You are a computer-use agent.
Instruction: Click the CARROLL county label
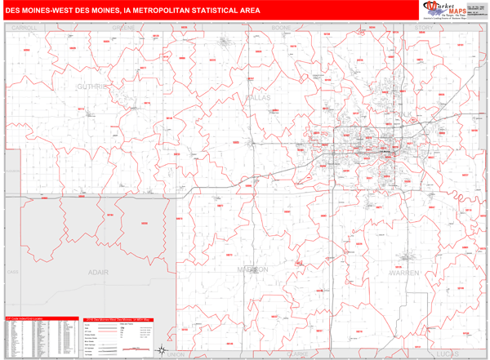25,28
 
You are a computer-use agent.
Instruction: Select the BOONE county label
281,28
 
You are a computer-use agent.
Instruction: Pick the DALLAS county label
257,96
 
